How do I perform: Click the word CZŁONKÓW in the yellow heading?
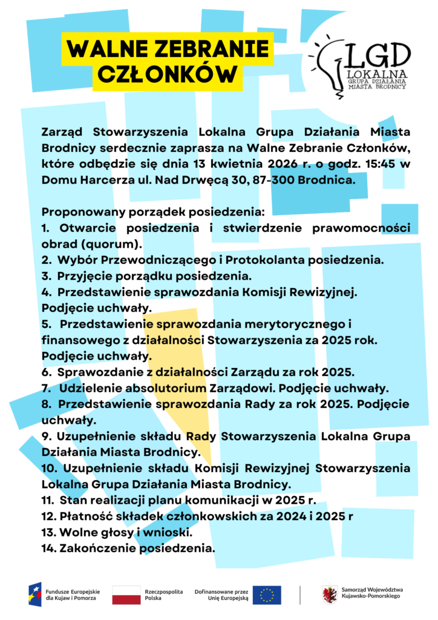pyautogui.click(x=166, y=73)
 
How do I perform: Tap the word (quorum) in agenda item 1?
pyautogui.click(x=117, y=244)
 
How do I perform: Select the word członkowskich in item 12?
pyautogui.click(x=201, y=516)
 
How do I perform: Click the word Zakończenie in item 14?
pyautogui.click(x=97, y=549)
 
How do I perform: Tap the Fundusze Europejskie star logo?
pyautogui.click(x=35, y=595)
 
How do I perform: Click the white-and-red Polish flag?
pyautogui.click(x=126, y=595)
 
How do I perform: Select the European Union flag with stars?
pyautogui.click(x=266, y=595)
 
